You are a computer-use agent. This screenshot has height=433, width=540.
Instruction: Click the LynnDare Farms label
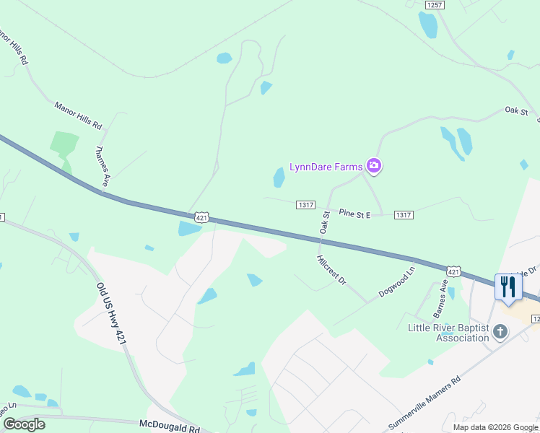click(326, 167)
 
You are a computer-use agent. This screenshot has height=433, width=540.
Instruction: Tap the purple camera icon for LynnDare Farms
click(374, 167)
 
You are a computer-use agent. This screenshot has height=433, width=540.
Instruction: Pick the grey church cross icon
click(500, 332)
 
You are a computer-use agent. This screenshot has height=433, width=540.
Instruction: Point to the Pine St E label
click(354, 214)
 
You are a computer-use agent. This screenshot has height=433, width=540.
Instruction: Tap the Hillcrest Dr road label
click(332, 269)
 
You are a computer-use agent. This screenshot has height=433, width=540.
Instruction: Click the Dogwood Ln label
click(398, 282)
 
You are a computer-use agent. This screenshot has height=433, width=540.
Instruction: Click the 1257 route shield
click(435, 4)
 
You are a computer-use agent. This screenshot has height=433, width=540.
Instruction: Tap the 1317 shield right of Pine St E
click(404, 215)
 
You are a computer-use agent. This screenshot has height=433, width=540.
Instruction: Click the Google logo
click(23, 424)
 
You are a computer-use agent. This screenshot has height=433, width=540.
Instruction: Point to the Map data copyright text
click(495, 427)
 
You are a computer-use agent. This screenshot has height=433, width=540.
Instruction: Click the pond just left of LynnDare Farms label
click(279, 177)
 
